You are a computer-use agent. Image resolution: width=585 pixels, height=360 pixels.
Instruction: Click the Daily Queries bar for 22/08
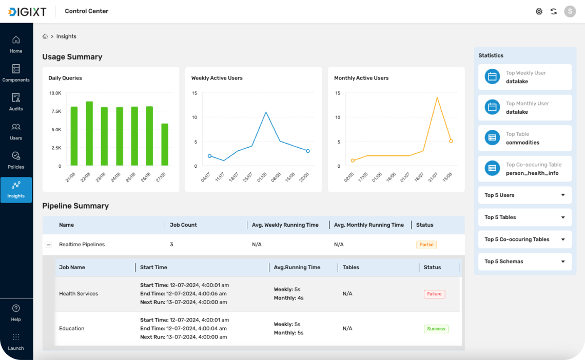(x=89, y=133)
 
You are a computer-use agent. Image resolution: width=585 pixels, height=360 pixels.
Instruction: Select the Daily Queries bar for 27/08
(x=165, y=145)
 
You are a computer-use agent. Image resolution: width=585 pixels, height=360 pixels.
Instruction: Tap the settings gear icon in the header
(x=539, y=12)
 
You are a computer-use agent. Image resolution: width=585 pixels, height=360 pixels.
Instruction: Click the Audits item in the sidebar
(x=16, y=102)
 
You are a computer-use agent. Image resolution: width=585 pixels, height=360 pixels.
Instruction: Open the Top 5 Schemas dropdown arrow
(x=563, y=262)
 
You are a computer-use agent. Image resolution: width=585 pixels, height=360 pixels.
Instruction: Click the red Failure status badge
(x=434, y=294)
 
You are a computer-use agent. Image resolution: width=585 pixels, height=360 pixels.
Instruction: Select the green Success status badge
(x=436, y=329)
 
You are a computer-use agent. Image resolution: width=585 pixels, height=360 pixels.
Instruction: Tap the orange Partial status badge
(x=426, y=245)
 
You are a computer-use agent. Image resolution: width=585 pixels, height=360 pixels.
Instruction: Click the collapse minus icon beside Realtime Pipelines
(x=49, y=245)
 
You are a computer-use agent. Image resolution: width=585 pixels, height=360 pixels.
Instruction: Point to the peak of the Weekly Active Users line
(x=266, y=112)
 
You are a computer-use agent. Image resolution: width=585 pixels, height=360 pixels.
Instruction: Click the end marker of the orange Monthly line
(x=451, y=141)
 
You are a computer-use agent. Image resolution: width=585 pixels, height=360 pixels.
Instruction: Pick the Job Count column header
(x=183, y=225)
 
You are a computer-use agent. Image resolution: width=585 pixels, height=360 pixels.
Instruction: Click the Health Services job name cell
(x=79, y=294)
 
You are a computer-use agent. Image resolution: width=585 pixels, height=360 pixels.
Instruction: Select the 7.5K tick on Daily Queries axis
(x=56, y=111)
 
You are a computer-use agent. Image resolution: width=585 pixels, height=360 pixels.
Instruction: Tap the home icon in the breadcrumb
(x=45, y=36)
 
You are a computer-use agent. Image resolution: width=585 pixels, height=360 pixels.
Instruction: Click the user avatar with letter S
(x=570, y=12)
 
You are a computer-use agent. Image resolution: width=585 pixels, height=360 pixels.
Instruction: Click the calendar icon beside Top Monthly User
(x=492, y=107)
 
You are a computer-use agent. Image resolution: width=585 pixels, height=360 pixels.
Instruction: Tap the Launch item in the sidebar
(x=16, y=342)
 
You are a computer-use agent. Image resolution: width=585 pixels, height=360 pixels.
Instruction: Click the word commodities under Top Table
(x=522, y=143)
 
